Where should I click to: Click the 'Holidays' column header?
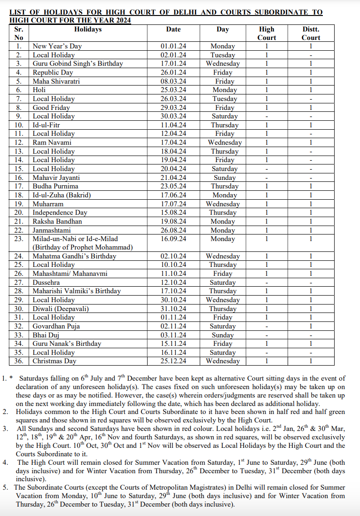click(x=88, y=29)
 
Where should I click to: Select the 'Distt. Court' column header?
click(x=311, y=33)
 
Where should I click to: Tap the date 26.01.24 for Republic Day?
click(x=173, y=72)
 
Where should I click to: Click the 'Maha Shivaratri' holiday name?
click(x=56, y=81)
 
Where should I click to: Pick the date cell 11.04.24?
click(x=173, y=125)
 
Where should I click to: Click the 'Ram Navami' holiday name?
click(x=52, y=142)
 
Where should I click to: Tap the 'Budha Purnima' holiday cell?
click(x=55, y=186)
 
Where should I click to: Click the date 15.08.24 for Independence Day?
click(x=173, y=212)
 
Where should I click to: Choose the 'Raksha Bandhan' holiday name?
click(x=57, y=221)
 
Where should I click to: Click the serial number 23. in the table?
click(x=19, y=239)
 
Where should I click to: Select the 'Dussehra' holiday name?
click(x=46, y=282)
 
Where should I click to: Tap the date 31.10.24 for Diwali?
click(x=173, y=309)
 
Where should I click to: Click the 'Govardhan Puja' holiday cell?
click(x=56, y=326)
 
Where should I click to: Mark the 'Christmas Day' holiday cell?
click(x=54, y=361)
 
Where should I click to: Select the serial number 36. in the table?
click(x=19, y=361)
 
